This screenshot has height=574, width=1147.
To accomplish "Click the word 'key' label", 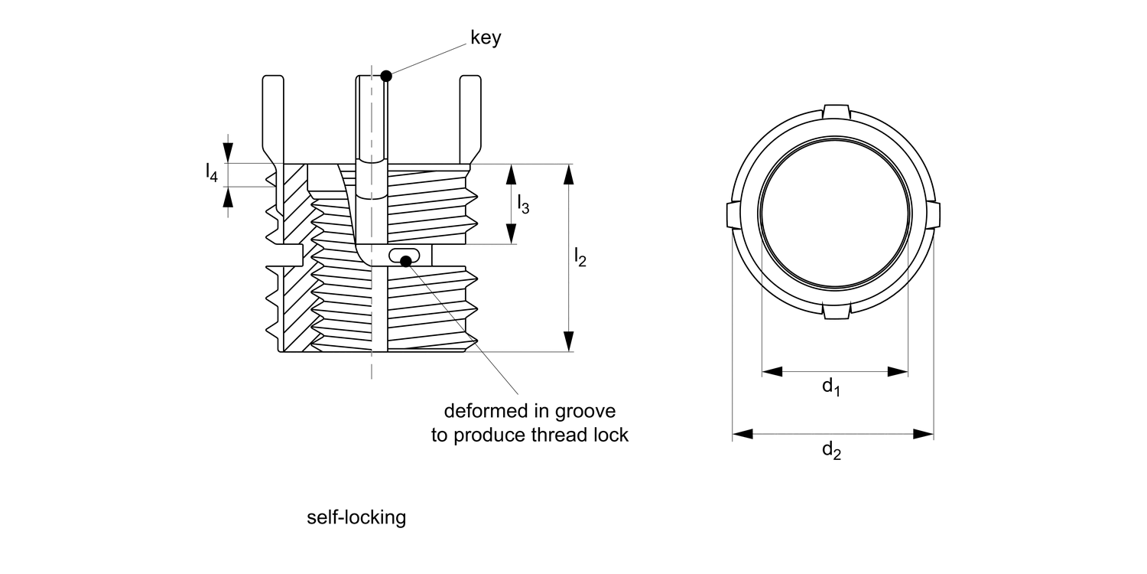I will (x=486, y=38).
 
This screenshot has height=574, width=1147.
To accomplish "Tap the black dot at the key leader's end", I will (x=386, y=75).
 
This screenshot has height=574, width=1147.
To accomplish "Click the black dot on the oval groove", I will (x=406, y=262).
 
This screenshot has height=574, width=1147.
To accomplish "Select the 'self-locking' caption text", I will (x=356, y=518).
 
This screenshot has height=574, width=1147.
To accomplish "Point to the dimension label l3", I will (x=524, y=204).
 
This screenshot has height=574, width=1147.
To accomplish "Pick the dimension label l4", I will (x=211, y=174).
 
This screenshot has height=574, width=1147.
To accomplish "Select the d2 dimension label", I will (x=831, y=451).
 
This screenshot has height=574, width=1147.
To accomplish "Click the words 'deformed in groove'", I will (x=529, y=411).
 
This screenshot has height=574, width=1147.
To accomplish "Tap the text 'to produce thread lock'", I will (x=529, y=435).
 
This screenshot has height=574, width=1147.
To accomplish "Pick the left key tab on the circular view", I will (x=729, y=215).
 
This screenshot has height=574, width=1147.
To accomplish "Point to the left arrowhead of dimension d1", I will (x=772, y=372).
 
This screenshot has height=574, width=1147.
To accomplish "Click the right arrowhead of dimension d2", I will (x=924, y=435).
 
